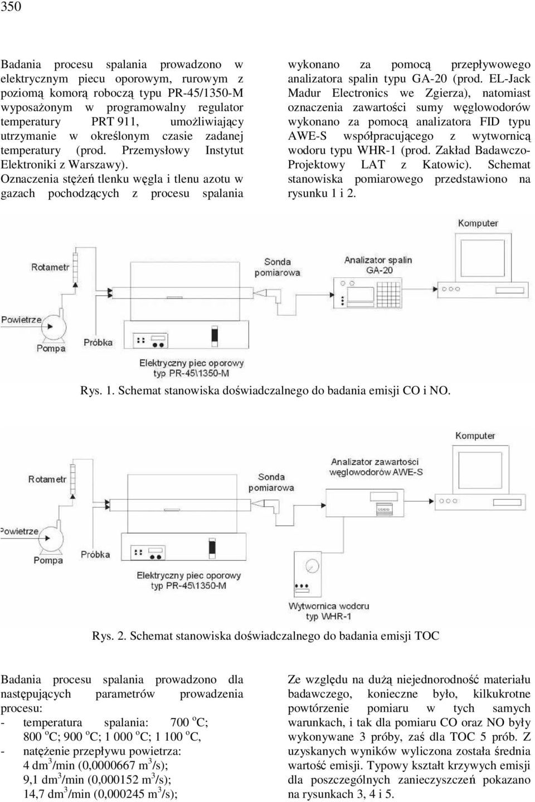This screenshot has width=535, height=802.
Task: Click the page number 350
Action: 11,7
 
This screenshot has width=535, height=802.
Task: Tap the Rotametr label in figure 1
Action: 50,267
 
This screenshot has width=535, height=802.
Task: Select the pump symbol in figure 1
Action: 53,325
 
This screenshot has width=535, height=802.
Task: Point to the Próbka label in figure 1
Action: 98,343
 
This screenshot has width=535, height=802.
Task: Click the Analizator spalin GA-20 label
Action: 378,265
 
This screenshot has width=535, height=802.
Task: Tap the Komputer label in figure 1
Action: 478,223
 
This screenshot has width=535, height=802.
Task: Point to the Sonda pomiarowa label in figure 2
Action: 271,482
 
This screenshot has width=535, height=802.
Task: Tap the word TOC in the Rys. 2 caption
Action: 427,636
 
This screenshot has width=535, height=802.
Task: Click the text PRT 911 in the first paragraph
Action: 115,122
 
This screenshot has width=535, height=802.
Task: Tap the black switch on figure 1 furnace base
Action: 215,336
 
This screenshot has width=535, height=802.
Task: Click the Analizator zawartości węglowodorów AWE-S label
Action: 376,467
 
